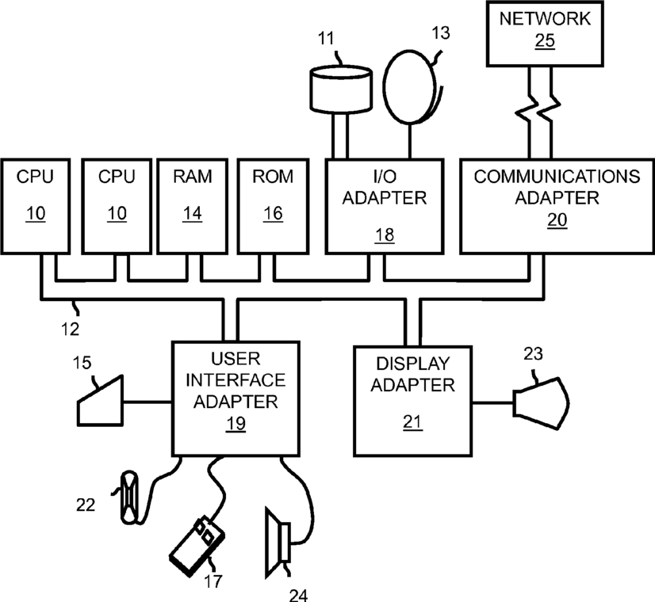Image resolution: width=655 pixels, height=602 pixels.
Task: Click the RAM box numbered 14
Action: (x=192, y=206)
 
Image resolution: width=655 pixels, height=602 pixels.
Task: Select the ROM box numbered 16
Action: (x=274, y=206)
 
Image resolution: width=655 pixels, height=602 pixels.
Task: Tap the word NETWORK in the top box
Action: (x=545, y=19)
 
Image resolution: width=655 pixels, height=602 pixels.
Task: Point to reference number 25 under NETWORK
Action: (x=545, y=41)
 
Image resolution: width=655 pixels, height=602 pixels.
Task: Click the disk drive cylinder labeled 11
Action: (x=341, y=89)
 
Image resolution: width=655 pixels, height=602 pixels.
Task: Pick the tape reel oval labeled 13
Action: (x=409, y=87)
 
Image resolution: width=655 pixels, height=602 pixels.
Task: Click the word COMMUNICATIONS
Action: (x=557, y=177)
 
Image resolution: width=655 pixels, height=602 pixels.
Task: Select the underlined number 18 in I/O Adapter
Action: (x=385, y=235)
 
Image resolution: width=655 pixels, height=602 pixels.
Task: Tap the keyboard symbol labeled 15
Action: (x=100, y=401)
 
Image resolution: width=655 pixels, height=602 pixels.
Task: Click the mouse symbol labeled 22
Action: (x=129, y=497)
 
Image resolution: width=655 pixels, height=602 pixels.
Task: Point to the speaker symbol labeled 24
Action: (x=278, y=543)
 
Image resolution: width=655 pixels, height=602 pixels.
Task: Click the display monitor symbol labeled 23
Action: (x=542, y=403)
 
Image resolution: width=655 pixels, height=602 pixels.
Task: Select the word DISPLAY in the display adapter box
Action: (x=412, y=364)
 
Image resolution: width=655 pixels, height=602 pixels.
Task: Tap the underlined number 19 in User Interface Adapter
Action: (x=236, y=424)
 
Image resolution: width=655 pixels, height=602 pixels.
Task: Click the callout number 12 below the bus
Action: (x=70, y=330)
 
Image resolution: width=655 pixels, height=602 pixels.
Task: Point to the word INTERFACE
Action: (x=236, y=380)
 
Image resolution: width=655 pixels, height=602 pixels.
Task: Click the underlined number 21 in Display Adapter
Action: (x=412, y=422)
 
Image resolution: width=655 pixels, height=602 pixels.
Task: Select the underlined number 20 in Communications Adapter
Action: (x=557, y=220)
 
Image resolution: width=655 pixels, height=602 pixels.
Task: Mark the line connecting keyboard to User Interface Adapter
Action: (x=147, y=402)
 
